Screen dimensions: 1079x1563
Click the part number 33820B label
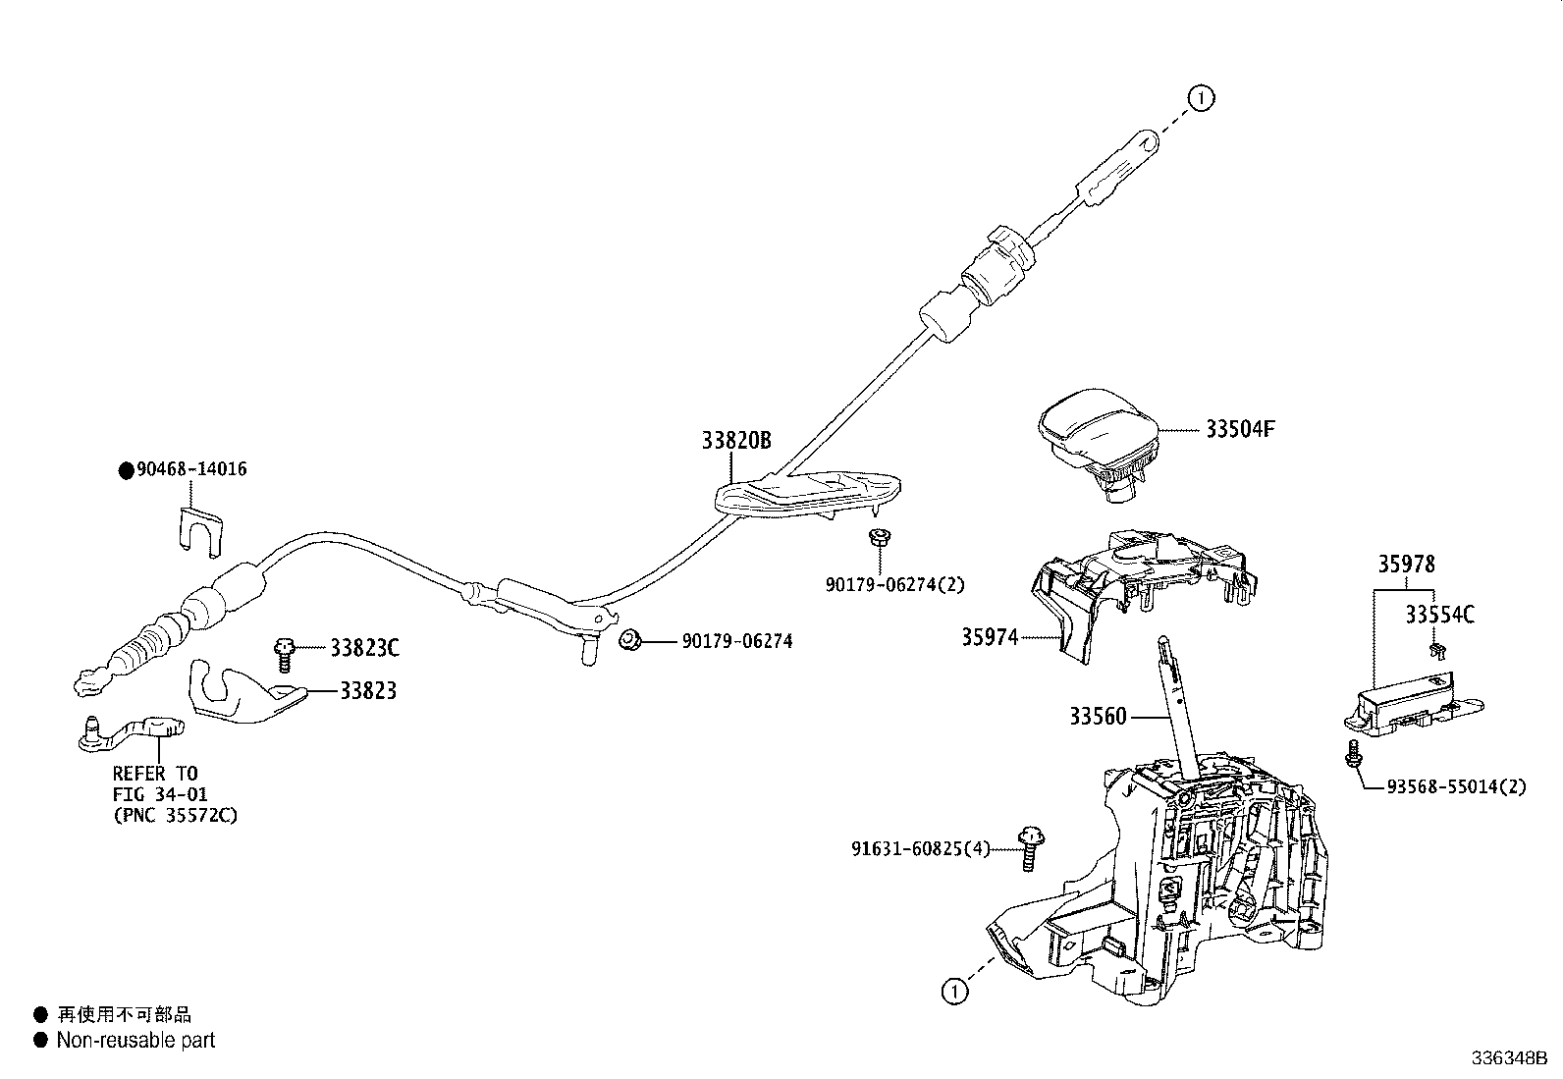pyautogui.click(x=735, y=441)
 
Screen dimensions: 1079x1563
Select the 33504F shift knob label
pyautogui.click(x=1240, y=429)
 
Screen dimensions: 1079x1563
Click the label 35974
pyautogui.click(x=990, y=638)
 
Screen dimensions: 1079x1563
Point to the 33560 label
pyautogui.click(x=1098, y=717)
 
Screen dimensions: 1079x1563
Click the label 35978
pyautogui.click(x=1405, y=565)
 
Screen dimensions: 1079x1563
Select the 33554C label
pyautogui.click(x=1439, y=616)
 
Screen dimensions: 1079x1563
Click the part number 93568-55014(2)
pyautogui.click(x=1457, y=787)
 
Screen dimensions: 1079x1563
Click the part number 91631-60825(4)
pyautogui.click(x=920, y=848)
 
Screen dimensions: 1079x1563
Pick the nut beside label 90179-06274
pyautogui.click(x=629, y=641)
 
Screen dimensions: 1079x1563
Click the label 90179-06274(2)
pyautogui.click(x=894, y=584)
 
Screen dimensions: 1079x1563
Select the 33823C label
pyautogui.click(x=364, y=648)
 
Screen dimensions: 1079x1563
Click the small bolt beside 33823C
pyautogui.click(x=286, y=652)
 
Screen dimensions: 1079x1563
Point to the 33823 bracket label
pyautogui.click(x=368, y=690)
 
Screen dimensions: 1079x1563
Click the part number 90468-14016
pyautogui.click(x=190, y=469)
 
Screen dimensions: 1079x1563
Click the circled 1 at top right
pyautogui.click(x=1201, y=97)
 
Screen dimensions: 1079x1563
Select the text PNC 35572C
pyautogui.click(x=175, y=815)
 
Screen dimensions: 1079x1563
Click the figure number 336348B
pyautogui.click(x=1508, y=1058)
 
